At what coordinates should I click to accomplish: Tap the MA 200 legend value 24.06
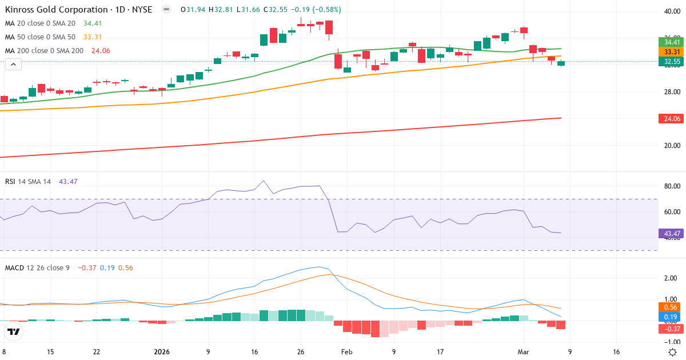(100, 51)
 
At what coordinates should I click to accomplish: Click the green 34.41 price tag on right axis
(672, 42)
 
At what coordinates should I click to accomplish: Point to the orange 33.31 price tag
(672, 51)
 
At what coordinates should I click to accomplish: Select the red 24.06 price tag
(672, 118)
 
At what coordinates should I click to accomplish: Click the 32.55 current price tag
(672, 61)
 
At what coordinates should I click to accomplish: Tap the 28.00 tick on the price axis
(671, 91)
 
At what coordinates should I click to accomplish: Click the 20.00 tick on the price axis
(671, 145)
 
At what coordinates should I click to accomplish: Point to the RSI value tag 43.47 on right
(672, 233)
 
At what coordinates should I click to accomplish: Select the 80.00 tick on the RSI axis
(671, 186)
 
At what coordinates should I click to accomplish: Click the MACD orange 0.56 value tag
(672, 307)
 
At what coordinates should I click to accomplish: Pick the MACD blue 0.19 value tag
(672, 317)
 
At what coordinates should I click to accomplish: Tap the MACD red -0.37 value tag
(672, 329)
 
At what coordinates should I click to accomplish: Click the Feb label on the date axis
(347, 352)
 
